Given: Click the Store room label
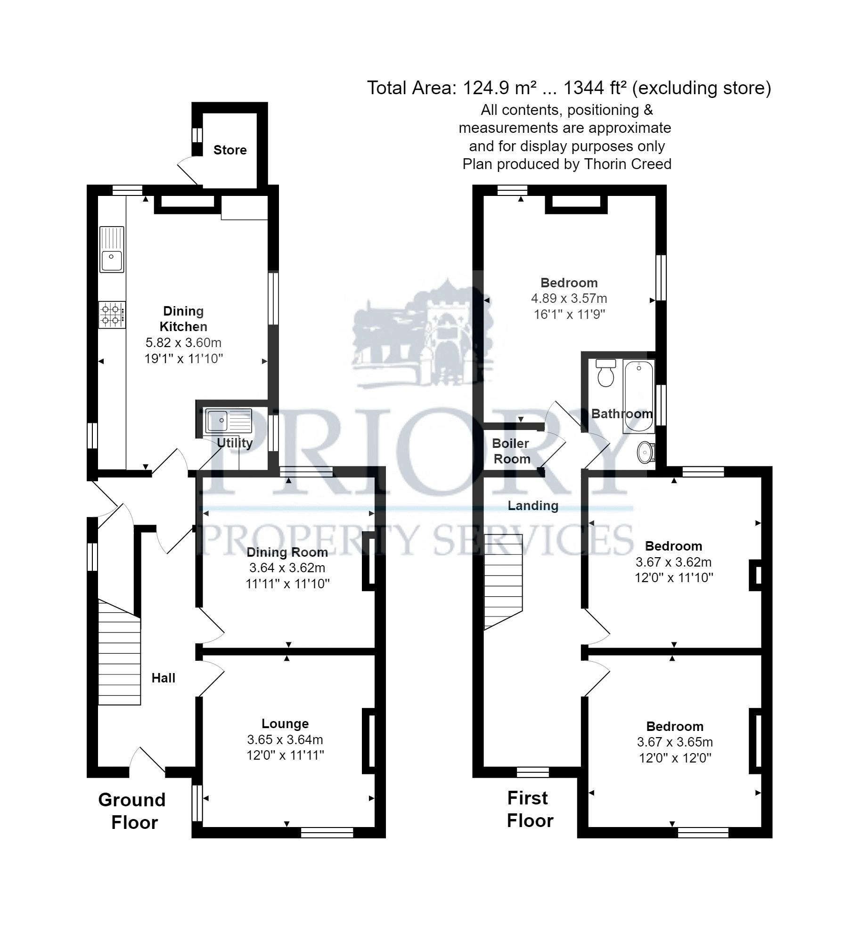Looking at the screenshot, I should click(229, 150).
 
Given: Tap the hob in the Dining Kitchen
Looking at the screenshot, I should click(112, 315).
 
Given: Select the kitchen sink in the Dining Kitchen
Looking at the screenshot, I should click(112, 250).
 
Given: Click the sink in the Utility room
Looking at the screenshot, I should click(229, 421).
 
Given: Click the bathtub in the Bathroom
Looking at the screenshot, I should click(638, 397).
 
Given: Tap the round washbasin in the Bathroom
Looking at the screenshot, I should click(645, 453).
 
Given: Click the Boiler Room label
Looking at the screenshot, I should click(511, 451).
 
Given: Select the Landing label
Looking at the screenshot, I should click(532, 505).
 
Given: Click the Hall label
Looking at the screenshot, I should click(163, 678).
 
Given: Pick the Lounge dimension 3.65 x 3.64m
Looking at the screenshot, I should click(285, 739).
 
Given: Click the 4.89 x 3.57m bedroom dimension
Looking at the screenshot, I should click(569, 298).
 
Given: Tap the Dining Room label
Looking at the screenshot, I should click(287, 552).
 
